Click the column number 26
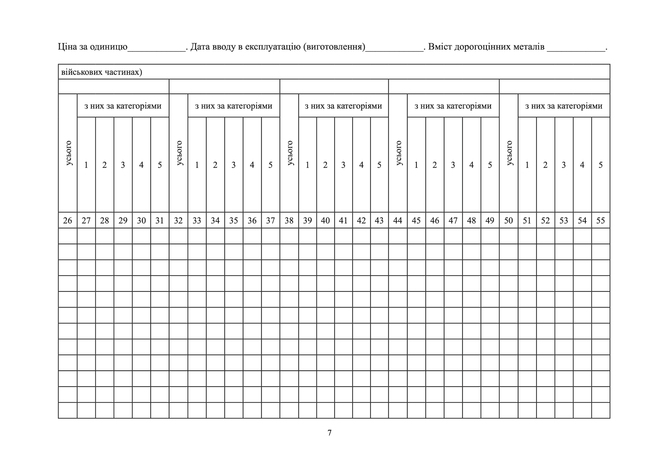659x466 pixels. tap(67, 220)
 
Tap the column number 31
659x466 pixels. tap(159, 220)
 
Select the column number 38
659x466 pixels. tap(289, 220)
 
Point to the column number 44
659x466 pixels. tap(398, 220)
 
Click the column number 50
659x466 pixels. tap(508, 220)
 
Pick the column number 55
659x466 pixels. tap(600, 220)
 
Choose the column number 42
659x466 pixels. tap(361, 220)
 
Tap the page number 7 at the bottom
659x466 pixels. tap(329, 433)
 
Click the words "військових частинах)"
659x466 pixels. tap(101, 72)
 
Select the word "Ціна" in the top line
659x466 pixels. tap(67, 46)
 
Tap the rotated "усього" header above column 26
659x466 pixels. tap(68, 153)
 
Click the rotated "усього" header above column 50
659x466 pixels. tap(509, 153)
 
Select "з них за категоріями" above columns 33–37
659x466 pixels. tap(234, 106)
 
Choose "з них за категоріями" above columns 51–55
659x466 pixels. tap(564, 106)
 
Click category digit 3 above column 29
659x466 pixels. tap(123, 165)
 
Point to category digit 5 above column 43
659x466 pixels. tap(379, 165)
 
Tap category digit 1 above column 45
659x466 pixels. tap(416, 165)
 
